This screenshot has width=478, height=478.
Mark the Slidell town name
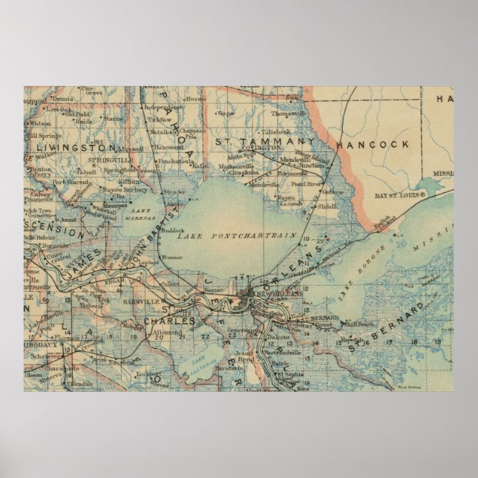coord(326,206)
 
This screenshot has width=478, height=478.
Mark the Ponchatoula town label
coord(176,158)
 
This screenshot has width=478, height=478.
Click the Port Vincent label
coord(72,181)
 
